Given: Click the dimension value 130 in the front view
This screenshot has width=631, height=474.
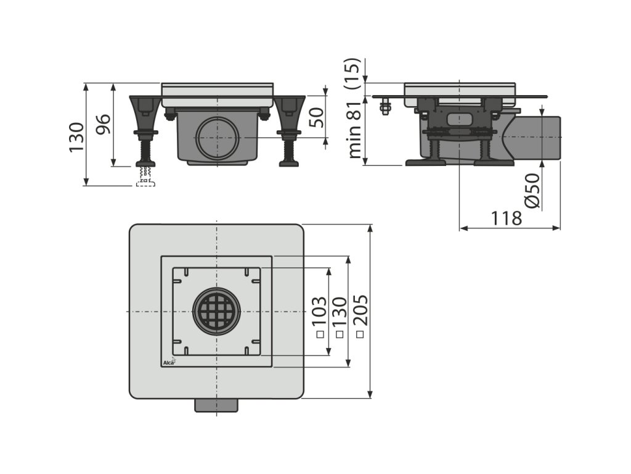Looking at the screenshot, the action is (x=76, y=137).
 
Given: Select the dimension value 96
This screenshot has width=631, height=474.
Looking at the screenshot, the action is (x=103, y=127).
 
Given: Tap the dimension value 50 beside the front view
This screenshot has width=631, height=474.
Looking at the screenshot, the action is (x=315, y=116).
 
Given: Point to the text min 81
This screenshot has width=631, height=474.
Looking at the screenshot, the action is (x=355, y=130).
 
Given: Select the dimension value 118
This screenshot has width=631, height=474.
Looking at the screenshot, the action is (x=507, y=218).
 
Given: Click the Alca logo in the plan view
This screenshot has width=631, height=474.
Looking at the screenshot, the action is (x=168, y=362).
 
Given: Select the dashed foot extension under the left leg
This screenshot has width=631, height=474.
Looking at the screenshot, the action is (x=145, y=180).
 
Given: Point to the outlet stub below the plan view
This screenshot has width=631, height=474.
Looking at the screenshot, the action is (x=216, y=405).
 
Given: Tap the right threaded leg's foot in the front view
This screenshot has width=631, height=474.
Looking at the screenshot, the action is (x=288, y=163).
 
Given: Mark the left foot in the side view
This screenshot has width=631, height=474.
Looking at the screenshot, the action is (x=425, y=162).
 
